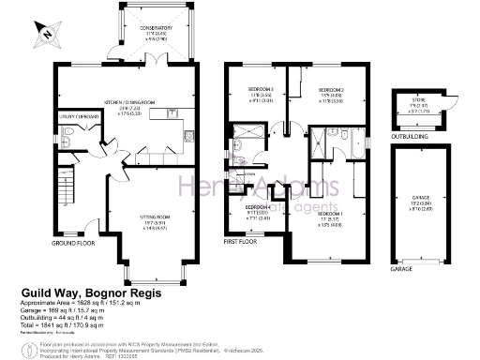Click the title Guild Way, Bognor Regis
tap(90, 293)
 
